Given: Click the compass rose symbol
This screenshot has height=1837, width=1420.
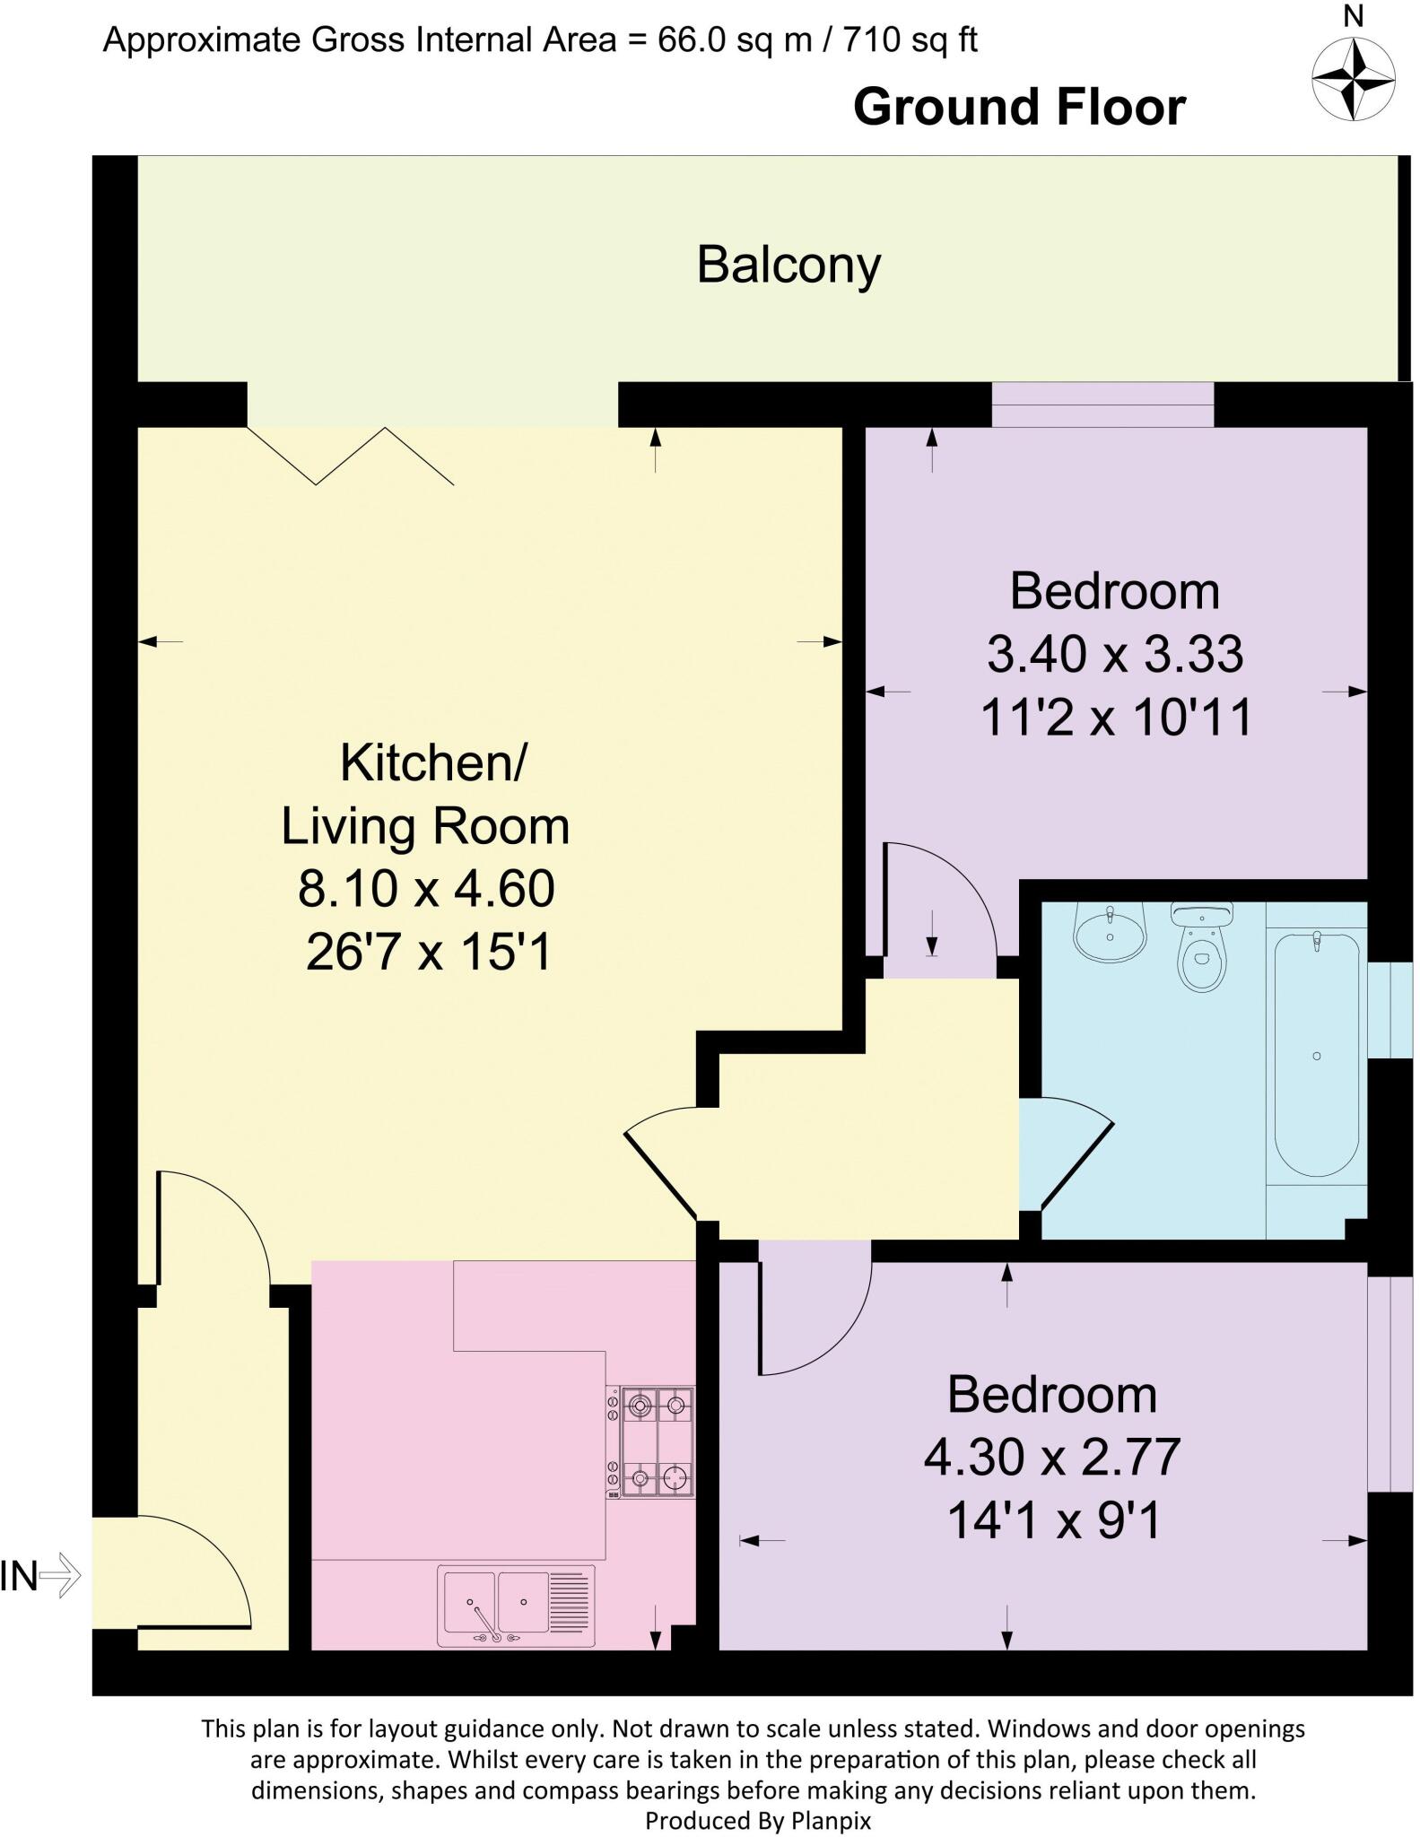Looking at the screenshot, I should tap(1353, 78).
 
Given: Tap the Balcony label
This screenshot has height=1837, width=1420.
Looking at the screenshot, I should tap(788, 266).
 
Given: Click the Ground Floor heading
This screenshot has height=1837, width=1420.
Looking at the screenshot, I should tap(1019, 108).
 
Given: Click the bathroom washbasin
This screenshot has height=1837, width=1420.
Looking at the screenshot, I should tap(1110, 933).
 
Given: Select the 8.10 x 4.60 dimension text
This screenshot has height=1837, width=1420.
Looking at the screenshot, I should tap(426, 889).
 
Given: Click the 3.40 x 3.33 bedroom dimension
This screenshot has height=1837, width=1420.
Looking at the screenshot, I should tap(1115, 654).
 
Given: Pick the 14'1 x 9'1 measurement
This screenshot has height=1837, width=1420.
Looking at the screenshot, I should tap(1054, 1520).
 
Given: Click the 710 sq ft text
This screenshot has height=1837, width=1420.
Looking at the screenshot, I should tap(910, 40).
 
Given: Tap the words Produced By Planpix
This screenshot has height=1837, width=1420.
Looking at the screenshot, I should tap(758, 1820).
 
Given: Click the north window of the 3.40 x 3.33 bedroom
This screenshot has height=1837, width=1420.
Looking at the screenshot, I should tap(1102, 405).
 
